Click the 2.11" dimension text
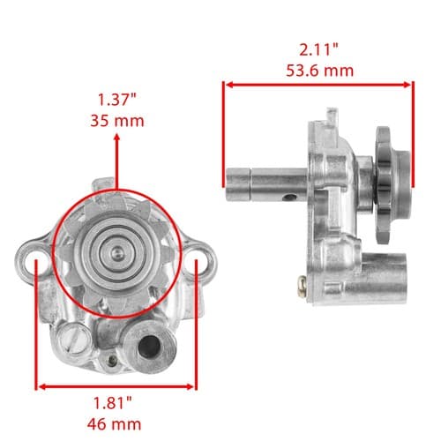[x=318, y=49]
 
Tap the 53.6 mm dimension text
[x=319, y=71]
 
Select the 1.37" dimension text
[x=117, y=100]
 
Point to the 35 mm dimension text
[x=117, y=121]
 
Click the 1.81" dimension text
[x=113, y=403]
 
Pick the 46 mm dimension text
[x=114, y=424]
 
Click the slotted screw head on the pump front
[x=73, y=340]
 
